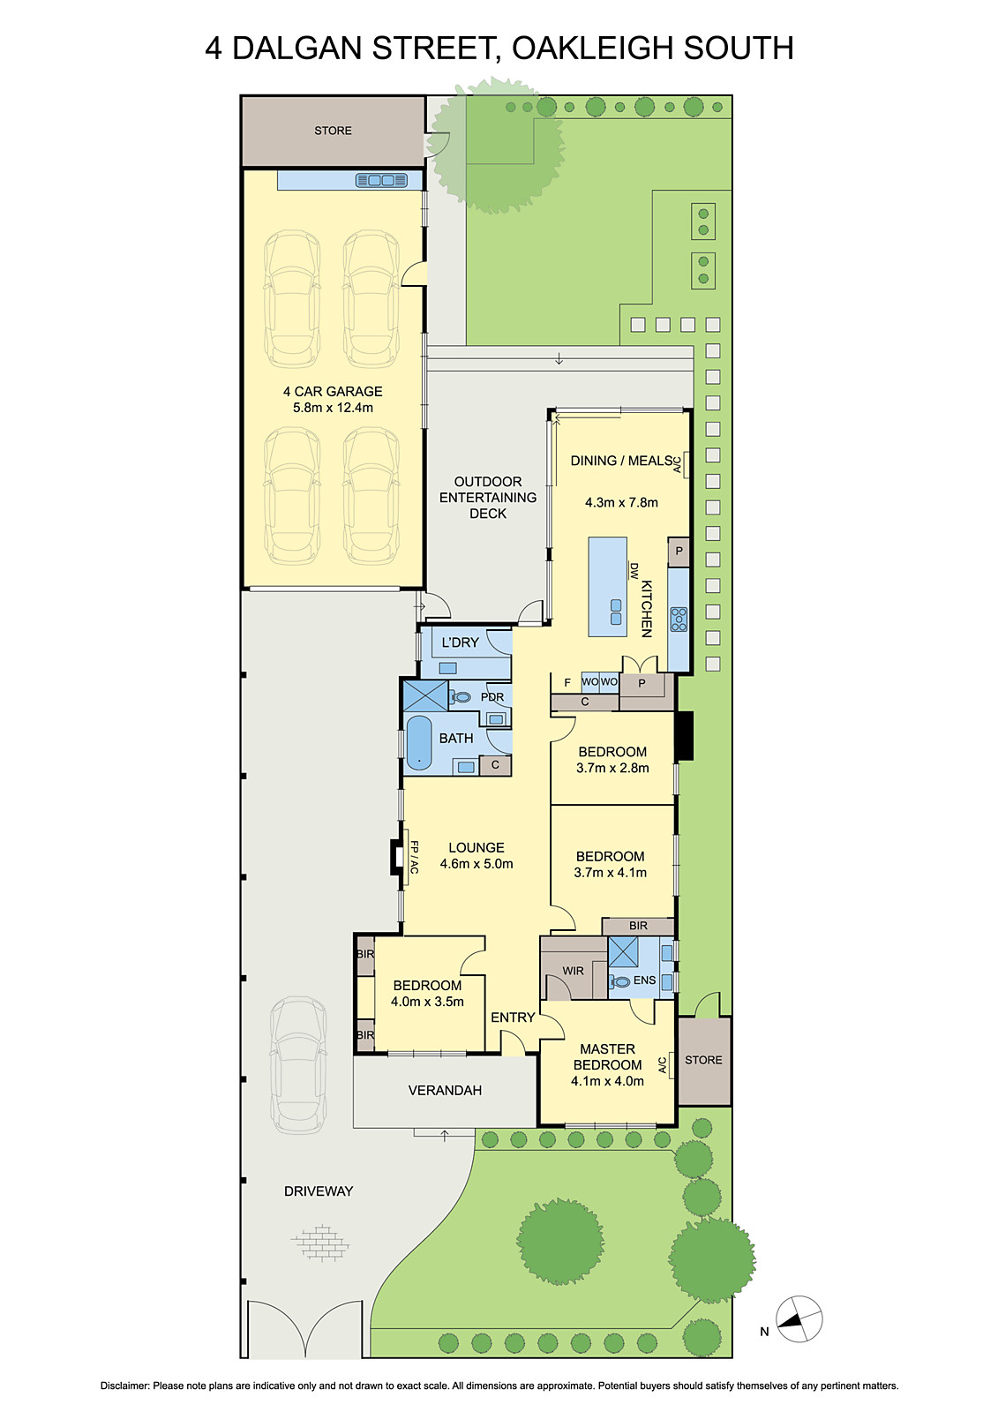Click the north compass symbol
[799, 1320]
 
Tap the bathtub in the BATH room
[419, 742]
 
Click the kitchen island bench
[608, 587]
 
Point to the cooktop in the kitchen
[679, 619]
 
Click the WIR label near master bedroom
[574, 971]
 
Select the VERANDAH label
[445, 1091]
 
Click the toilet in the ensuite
[621, 981]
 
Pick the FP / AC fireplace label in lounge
[413, 857]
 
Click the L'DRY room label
[460, 642]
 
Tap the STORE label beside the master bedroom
[703, 1060]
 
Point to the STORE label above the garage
[333, 131]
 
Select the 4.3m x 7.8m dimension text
[621, 502]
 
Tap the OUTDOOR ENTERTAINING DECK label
[488, 497]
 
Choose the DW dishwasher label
[634, 570]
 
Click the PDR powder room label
[492, 697]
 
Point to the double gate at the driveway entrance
[304, 1331]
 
